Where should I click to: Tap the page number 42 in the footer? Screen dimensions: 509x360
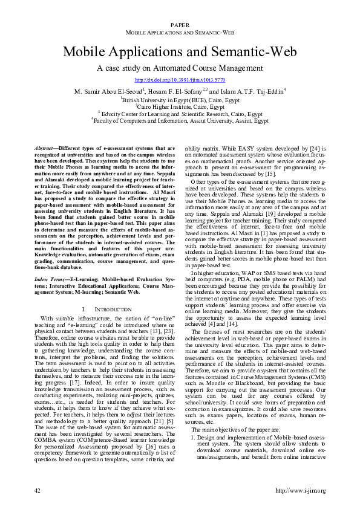(x=38, y=490)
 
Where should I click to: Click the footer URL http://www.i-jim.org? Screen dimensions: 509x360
(x=299, y=490)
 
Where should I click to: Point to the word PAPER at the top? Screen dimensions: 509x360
(x=180, y=25)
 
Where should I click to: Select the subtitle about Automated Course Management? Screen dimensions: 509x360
(x=180, y=70)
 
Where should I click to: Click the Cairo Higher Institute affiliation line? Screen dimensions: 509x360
(x=180, y=106)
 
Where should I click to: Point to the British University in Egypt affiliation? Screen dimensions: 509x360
(x=180, y=99)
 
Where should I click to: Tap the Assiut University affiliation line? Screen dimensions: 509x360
(x=180, y=120)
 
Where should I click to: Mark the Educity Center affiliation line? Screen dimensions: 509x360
(x=180, y=113)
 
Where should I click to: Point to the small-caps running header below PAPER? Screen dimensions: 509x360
(x=180, y=31)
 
